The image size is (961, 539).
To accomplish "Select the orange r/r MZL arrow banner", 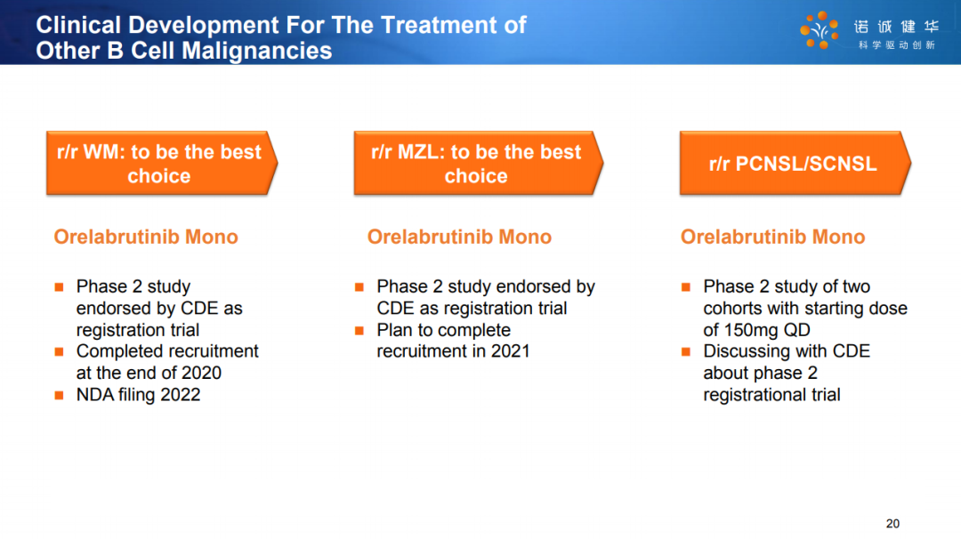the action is (478, 163).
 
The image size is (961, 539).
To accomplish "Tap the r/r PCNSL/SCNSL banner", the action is (795, 163).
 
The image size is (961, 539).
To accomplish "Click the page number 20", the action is (892, 524).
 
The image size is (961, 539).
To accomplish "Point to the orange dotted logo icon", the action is (820, 29).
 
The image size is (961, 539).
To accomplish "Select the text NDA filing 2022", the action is (138, 394).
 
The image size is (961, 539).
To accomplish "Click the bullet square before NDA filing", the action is (60, 395).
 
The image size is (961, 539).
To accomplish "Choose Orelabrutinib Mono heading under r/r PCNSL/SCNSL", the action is (772, 237).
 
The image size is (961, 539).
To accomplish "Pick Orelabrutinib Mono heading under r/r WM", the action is (146, 237).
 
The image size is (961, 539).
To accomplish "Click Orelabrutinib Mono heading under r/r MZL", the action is (459, 237).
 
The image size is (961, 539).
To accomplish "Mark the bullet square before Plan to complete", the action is (359, 331).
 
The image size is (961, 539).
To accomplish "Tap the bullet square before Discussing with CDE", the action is (686, 351).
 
